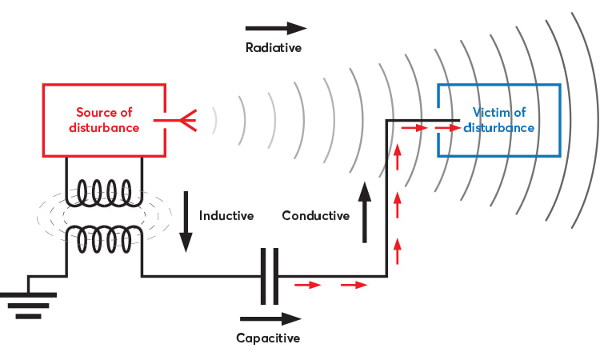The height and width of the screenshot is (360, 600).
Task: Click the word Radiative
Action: point(273,48)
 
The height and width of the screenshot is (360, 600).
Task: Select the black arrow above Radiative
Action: point(275,29)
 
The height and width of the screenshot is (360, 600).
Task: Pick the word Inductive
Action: point(226,216)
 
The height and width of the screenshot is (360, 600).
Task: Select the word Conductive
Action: point(316,216)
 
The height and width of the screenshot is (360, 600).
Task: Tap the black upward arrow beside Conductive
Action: point(366,213)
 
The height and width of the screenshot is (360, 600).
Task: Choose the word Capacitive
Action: point(268,338)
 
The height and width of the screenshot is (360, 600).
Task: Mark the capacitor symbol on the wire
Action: point(270,277)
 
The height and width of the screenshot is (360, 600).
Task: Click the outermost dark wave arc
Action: point(590,120)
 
